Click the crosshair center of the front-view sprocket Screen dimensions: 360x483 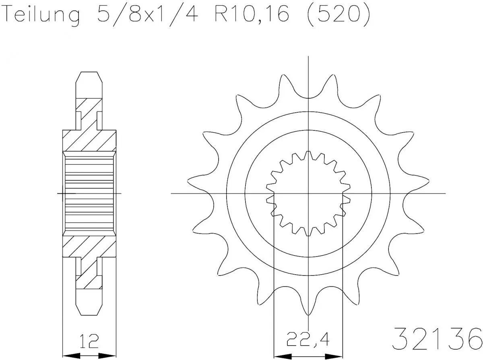[308, 193]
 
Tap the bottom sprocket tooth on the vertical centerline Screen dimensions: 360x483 [308, 310]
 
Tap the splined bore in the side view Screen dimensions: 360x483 [89, 193]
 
